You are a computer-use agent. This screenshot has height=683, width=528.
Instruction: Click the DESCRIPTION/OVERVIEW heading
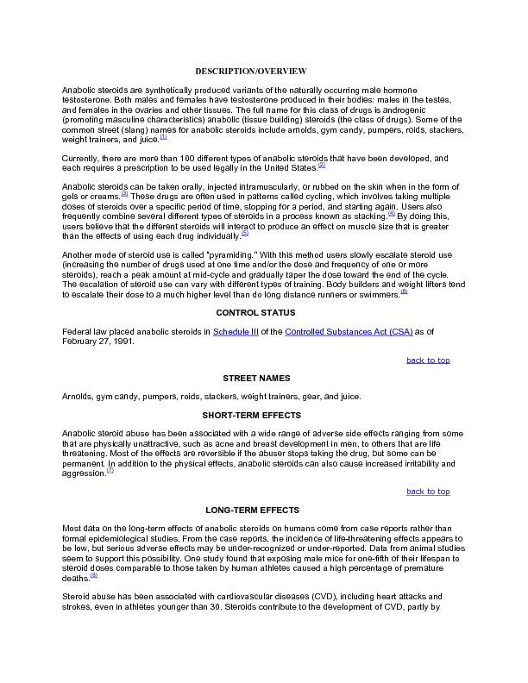pos(250,70)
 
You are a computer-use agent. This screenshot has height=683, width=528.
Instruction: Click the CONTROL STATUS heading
pos(255,312)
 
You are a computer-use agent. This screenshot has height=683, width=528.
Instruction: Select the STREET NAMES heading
pos(255,379)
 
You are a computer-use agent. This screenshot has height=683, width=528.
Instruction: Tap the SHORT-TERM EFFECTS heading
pos(255,415)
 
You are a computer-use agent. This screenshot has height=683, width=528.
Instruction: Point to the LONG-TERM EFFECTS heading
pos(252,511)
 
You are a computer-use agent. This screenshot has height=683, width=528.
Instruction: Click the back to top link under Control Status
pos(428,360)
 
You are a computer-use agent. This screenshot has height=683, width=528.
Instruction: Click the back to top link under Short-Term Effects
pos(428,492)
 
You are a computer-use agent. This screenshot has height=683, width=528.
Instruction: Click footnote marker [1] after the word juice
pos(163,136)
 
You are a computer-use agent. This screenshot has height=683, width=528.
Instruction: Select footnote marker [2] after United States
pos(322,165)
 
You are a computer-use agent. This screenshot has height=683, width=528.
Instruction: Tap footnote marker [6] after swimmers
pos(404,291)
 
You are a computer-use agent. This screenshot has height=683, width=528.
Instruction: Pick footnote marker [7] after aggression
pos(110,471)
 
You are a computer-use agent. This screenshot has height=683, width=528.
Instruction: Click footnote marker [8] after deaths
pos(94,575)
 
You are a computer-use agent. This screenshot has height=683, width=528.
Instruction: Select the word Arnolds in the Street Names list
pos(79,397)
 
